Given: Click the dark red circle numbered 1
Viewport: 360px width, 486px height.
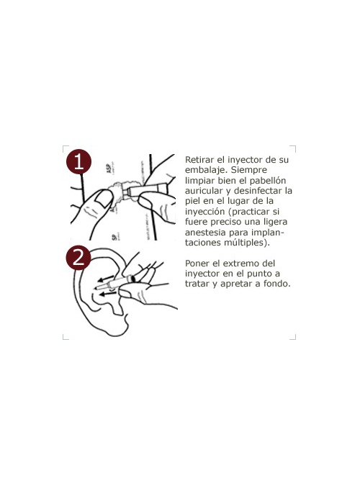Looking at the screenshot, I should [x=78, y=162].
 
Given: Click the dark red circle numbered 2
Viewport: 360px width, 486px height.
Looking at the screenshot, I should [x=78, y=257].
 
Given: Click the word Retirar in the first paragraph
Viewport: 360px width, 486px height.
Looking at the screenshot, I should [x=202, y=158].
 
